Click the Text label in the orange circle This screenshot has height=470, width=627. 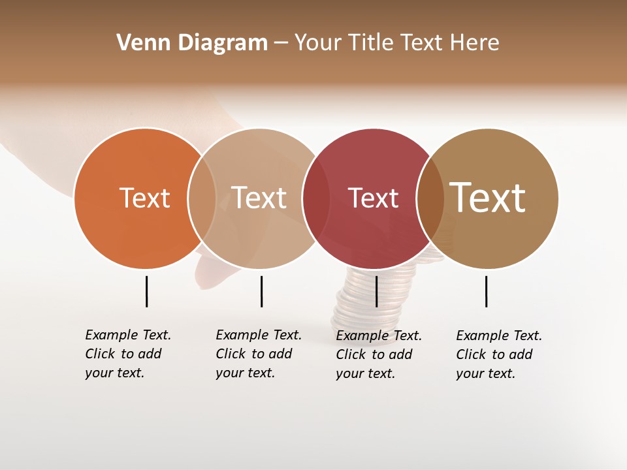coord(144,198)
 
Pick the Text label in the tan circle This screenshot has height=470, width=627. coord(259,198)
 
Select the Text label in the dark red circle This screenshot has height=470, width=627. coord(373,198)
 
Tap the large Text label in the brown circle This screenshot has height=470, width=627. coord(488,197)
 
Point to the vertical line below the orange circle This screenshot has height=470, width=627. coord(146,291)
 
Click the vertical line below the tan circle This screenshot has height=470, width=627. coord(261,291)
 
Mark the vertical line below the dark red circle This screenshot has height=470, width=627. coord(376,291)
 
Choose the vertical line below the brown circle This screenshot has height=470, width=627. coord(486,291)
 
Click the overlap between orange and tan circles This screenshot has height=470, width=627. coord(202,198)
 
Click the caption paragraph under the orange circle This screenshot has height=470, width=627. coord(127,354)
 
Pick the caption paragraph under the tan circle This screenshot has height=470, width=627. coord(258,354)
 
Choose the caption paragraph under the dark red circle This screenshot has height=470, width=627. coord(378,354)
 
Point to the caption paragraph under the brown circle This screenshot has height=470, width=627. coord(498,354)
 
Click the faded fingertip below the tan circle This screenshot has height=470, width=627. coord(210,277)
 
